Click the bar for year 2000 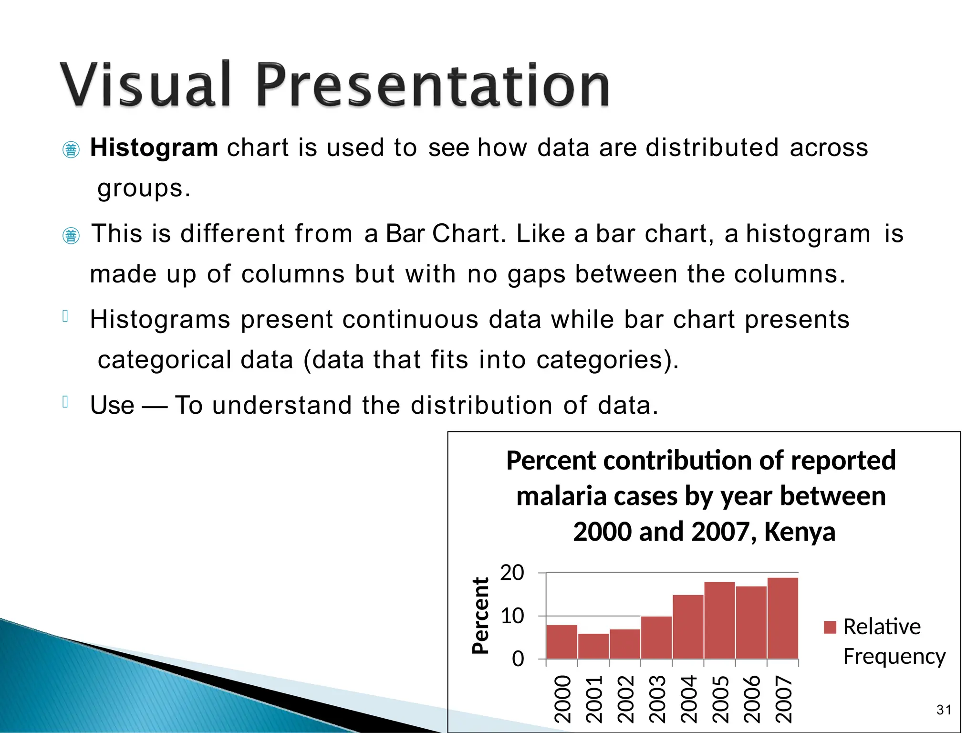[561, 642]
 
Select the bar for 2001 [593, 647]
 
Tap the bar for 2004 [688, 627]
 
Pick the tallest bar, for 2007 [782, 618]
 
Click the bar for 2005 [719, 620]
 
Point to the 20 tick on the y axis [512, 573]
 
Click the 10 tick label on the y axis [512, 616]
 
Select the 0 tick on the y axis [518, 659]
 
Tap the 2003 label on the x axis [657, 699]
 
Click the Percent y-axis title [480, 616]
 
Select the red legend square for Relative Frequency [830, 627]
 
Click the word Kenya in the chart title [800, 532]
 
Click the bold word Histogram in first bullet [154, 147]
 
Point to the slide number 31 [944, 710]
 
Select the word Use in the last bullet [112, 405]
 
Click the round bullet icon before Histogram [71, 150]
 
